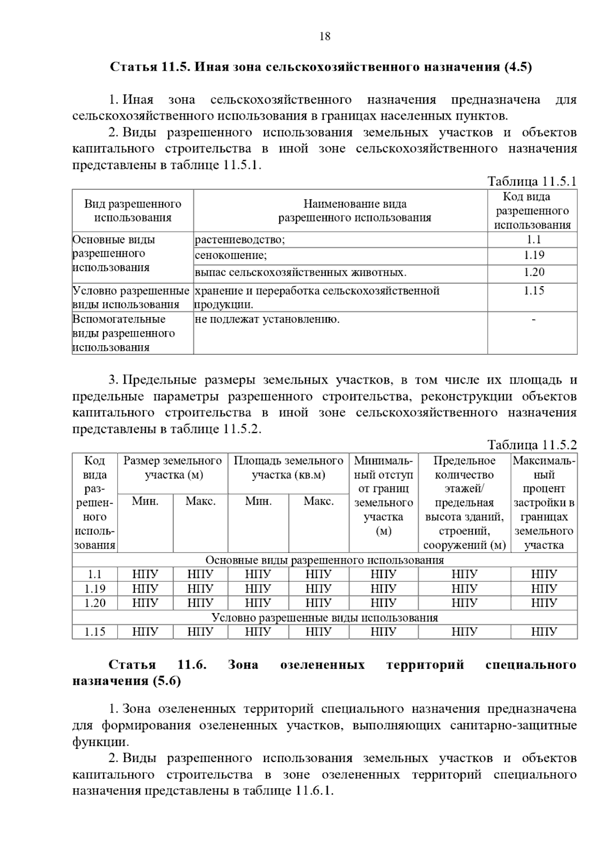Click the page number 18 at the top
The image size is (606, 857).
(x=325, y=36)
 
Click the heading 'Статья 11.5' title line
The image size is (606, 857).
(x=321, y=67)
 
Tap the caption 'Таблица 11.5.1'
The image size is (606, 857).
(x=531, y=181)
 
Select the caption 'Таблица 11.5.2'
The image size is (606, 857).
(x=531, y=445)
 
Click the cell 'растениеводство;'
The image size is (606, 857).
(x=240, y=240)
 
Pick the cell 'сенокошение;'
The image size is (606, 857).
(x=231, y=255)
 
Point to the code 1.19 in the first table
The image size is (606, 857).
(x=533, y=255)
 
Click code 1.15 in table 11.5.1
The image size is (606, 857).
(x=533, y=291)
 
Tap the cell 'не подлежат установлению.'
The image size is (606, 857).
(x=267, y=319)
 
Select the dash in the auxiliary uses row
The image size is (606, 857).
(x=533, y=319)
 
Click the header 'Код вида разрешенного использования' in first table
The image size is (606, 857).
(x=532, y=211)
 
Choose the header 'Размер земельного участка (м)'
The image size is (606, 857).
(x=173, y=468)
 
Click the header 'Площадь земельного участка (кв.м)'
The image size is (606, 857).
(x=288, y=468)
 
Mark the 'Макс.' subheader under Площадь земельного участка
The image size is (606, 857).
(x=319, y=502)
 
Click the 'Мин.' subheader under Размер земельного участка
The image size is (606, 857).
(x=145, y=502)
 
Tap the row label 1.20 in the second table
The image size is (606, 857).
(x=94, y=603)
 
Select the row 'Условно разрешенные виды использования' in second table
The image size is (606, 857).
(x=324, y=618)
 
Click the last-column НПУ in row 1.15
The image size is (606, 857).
(x=544, y=632)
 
